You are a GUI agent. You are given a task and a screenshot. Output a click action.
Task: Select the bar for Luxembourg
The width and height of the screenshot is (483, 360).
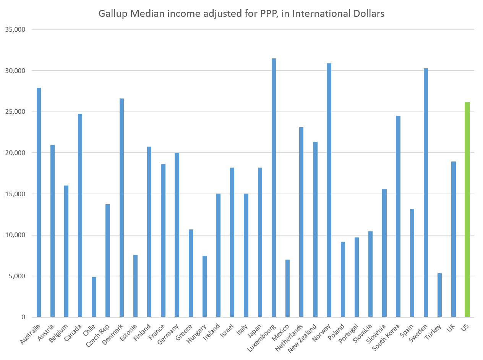(274, 187)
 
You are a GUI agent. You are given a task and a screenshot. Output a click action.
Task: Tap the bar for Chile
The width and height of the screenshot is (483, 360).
(94, 297)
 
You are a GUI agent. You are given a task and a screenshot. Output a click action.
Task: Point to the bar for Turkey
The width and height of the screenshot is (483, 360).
(439, 295)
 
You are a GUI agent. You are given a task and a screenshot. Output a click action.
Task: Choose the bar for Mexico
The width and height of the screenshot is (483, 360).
(287, 288)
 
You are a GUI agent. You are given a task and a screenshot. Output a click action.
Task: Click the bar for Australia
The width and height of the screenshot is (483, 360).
(39, 202)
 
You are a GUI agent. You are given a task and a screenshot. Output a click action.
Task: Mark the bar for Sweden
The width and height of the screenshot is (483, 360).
(426, 192)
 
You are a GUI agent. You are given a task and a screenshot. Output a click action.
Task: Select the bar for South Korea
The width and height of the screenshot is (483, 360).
(398, 216)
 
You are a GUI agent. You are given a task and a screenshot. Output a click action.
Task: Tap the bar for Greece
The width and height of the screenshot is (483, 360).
(191, 273)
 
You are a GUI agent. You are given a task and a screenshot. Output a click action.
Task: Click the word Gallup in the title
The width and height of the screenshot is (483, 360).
(111, 14)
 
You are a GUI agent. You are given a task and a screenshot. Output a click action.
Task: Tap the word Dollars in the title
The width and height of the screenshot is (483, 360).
(368, 14)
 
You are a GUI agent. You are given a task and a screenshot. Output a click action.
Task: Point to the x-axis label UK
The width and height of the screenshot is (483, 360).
(451, 328)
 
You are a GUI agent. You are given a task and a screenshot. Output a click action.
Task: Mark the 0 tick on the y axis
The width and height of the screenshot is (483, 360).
(23, 317)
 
